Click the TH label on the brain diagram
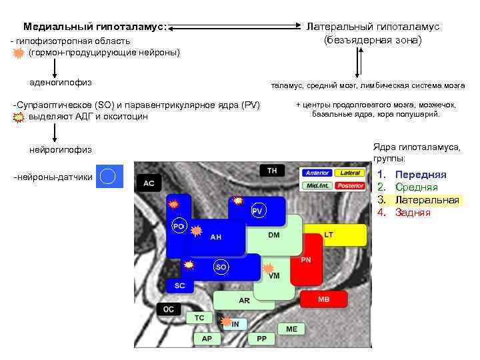tap(272, 171)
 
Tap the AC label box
tap(149, 183)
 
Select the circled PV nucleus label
tap(258, 211)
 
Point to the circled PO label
tap(179, 226)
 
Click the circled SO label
tap(221, 267)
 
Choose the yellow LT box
tap(340, 235)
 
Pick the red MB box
tap(324, 299)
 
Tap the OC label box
tap(169, 309)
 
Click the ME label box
tap(292, 329)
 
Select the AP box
tap(207, 339)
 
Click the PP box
tap(261, 339)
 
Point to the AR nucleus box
tap(244, 301)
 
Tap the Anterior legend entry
tap(317, 173)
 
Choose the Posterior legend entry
tap(351, 185)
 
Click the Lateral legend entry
tap(351, 173)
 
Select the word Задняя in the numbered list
tap(413, 213)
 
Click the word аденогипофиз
tap(61, 83)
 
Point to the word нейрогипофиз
tap(61, 149)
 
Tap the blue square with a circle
tap(109, 177)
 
